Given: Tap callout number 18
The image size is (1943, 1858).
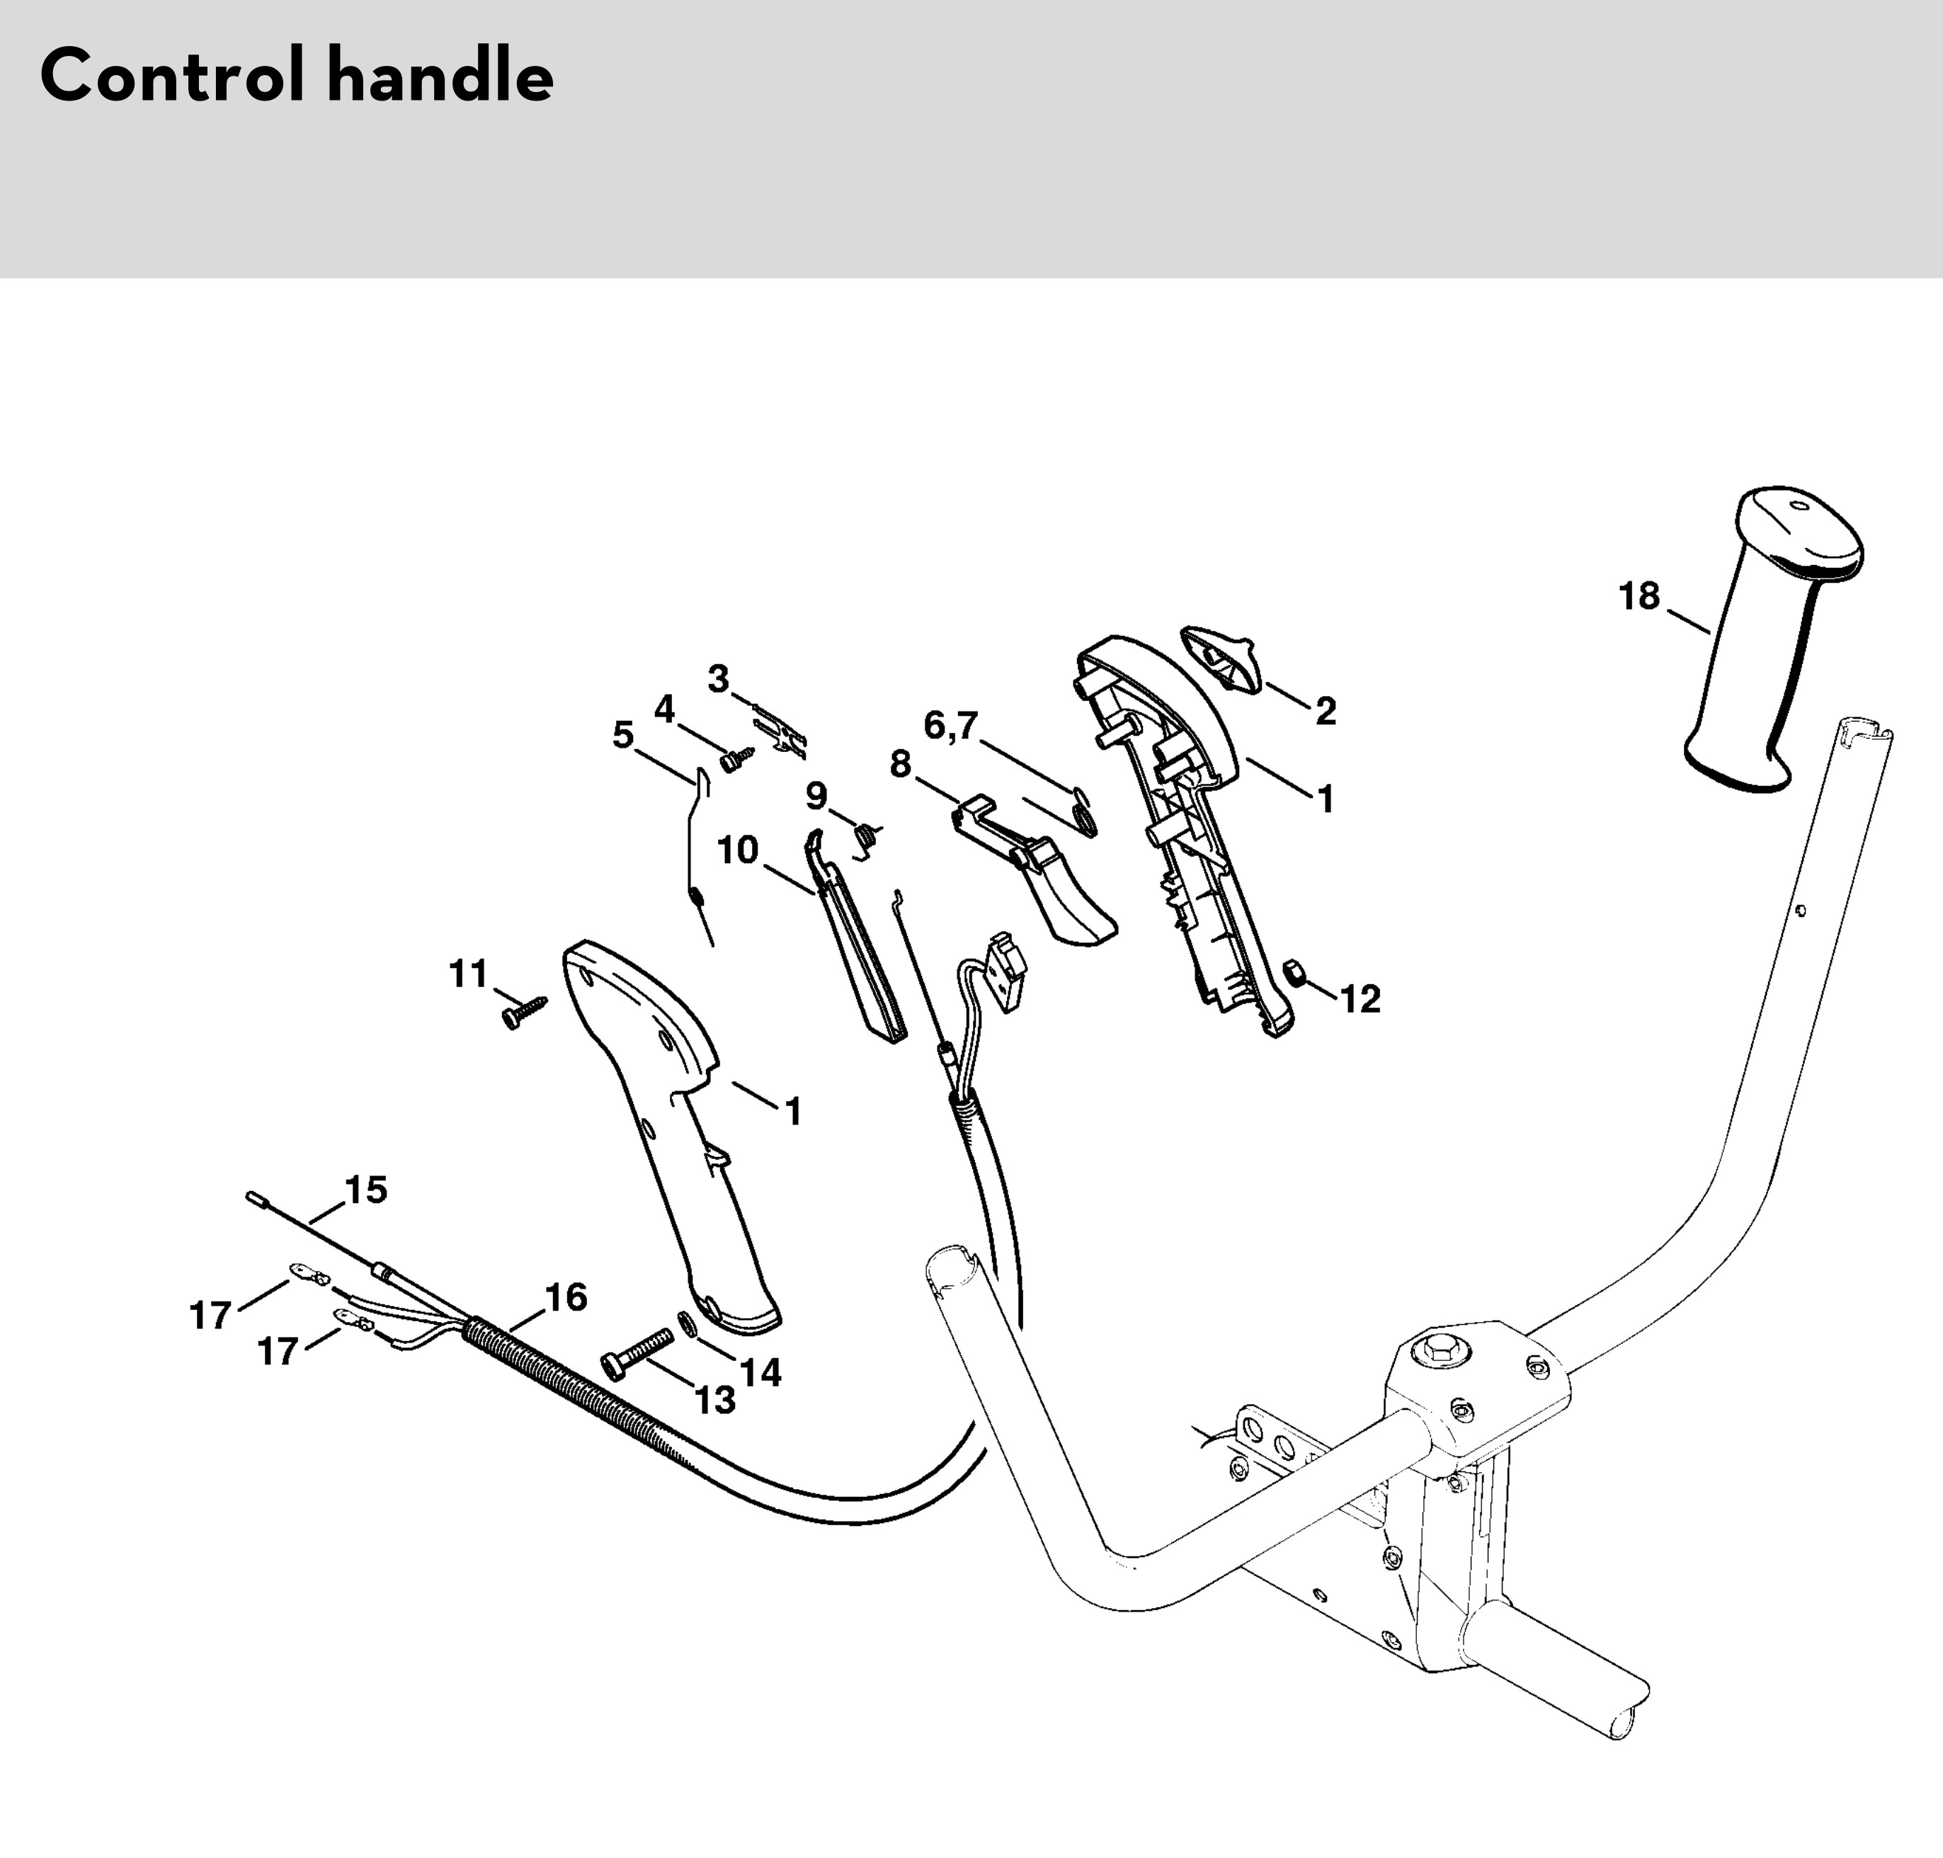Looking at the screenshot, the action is (1639, 596).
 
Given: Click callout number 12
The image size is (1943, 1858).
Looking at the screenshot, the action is (1360, 999).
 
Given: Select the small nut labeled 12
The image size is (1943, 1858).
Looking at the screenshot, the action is (1292, 974).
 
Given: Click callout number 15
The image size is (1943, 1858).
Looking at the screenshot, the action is (365, 1190).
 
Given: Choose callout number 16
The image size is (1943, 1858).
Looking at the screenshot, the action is (566, 1296).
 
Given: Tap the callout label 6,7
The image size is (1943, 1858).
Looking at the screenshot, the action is (951, 726).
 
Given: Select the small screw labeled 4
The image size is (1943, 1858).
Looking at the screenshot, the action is (737, 760).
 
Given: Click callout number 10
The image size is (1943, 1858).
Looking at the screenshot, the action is (738, 850).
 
